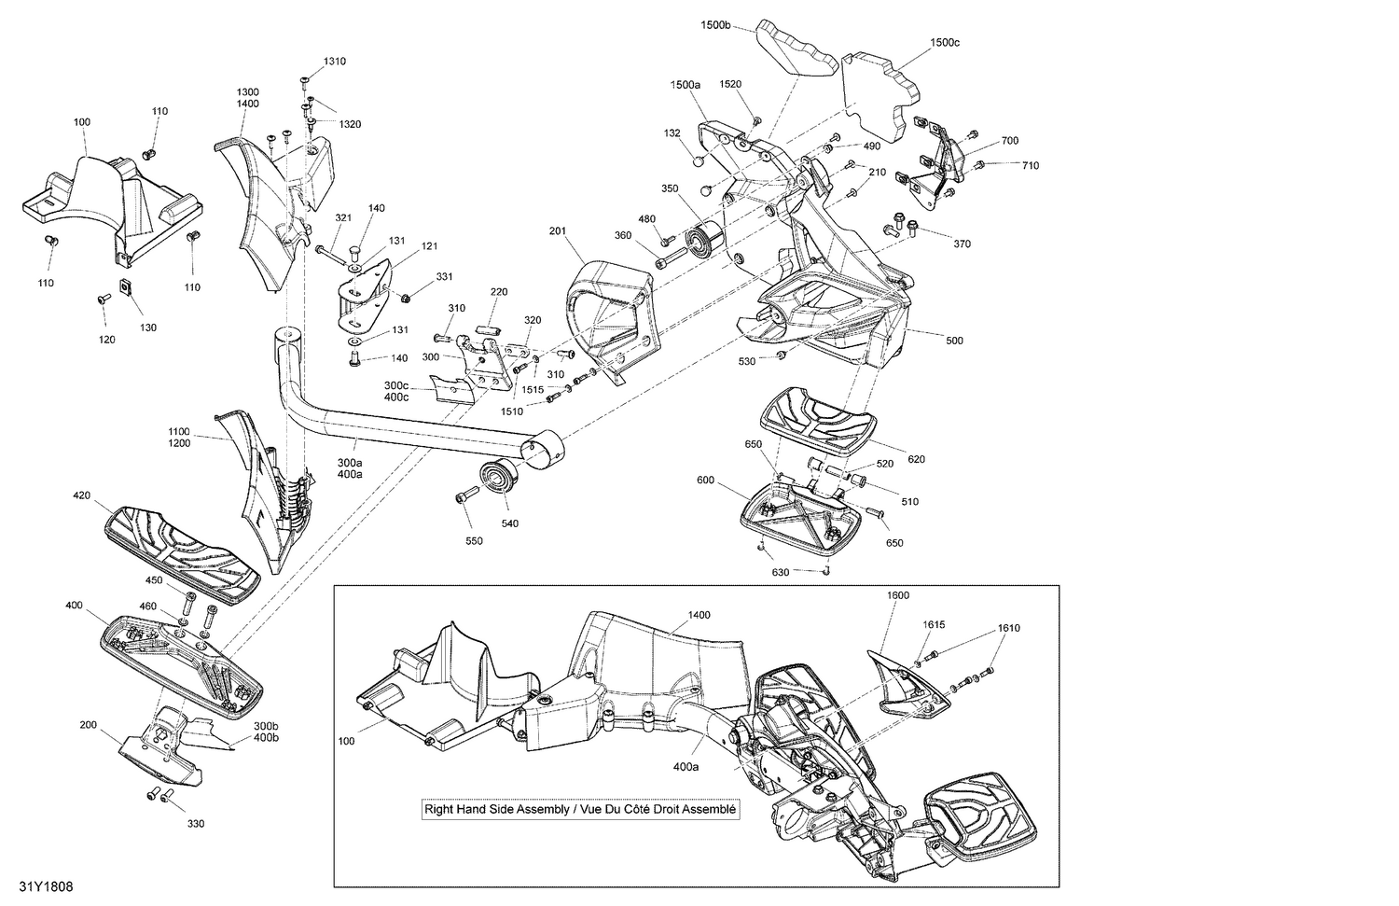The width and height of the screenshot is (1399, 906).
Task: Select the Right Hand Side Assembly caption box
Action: (x=580, y=809)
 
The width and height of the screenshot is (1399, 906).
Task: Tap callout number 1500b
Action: (x=715, y=25)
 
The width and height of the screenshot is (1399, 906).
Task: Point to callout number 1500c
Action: (x=945, y=43)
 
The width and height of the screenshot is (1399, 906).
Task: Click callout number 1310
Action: (x=335, y=62)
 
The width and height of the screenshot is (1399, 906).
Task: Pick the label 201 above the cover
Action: (x=558, y=230)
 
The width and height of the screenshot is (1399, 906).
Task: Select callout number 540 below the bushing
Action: (x=509, y=523)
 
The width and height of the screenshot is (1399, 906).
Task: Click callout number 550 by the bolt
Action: (x=474, y=541)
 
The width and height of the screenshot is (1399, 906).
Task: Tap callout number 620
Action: (x=916, y=459)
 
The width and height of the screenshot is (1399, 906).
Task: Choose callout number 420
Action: (x=82, y=495)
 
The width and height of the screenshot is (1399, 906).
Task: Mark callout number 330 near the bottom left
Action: (x=195, y=824)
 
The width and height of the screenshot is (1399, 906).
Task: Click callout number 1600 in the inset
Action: (x=898, y=595)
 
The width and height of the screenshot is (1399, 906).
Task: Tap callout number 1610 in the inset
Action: (x=1008, y=628)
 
